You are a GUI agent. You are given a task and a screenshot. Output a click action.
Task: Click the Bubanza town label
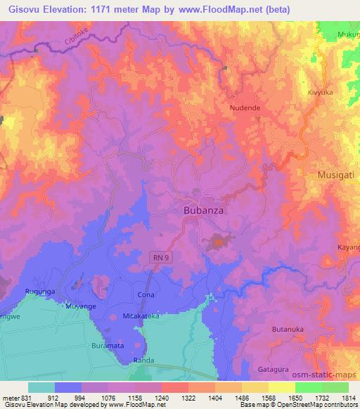205,209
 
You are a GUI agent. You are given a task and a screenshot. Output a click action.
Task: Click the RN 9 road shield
161,258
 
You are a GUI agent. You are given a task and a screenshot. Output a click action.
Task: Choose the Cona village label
146,295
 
